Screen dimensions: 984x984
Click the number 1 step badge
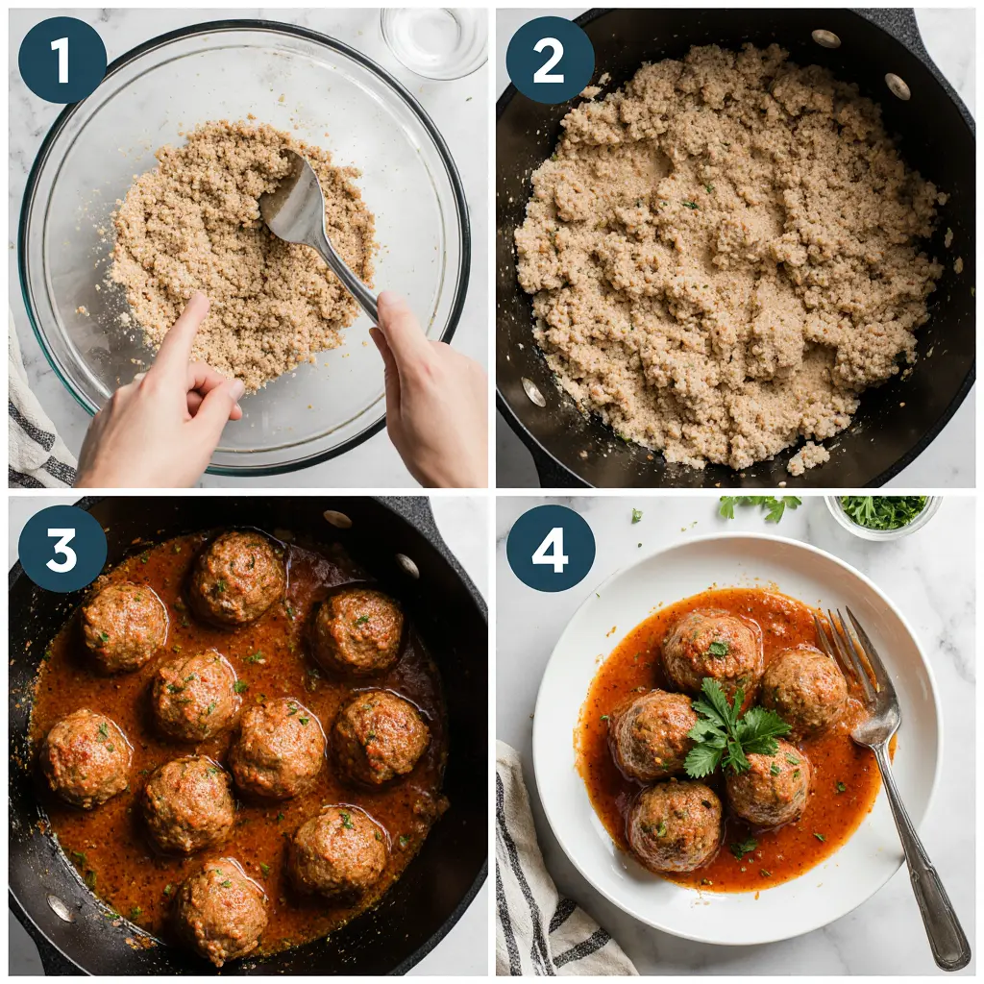pos(61,60)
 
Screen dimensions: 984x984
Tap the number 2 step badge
pos(550,60)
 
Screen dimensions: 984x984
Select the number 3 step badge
pos(61,549)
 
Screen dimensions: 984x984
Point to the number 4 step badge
pos(550,549)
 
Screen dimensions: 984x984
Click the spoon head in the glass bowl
pos(294,203)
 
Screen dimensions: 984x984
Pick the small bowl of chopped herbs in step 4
pos(882,515)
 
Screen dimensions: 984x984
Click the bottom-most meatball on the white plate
pos(675,824)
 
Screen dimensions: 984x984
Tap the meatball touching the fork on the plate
pos(805,688)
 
